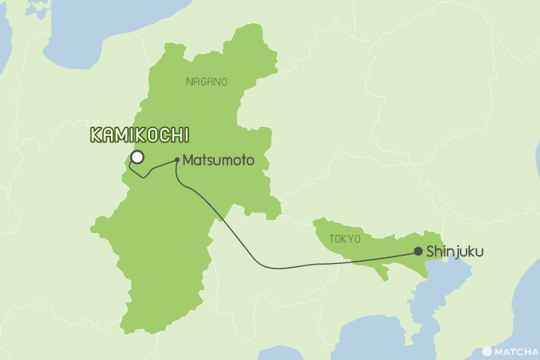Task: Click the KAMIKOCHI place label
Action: (x=139, y=136)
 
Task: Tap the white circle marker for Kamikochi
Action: (x=137, y=157)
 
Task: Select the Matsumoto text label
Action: (x=214, y=160)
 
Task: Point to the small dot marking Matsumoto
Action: (x=176, y=160)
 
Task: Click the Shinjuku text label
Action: (x=454, y=253)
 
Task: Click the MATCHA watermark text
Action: (x=516, y=351)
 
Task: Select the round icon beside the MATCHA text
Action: (x=487, y=351)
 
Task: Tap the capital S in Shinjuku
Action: (x=430, y=253)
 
